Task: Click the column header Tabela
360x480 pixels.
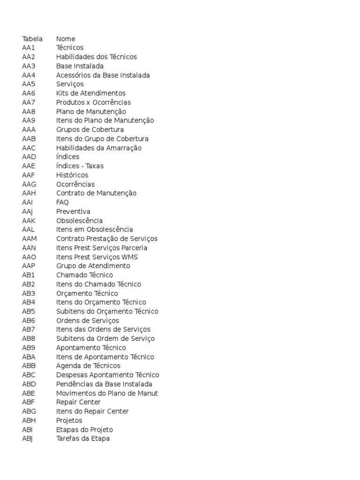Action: click(x=32, y=39)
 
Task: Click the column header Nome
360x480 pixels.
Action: click(x=66, y=39)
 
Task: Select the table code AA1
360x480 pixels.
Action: click(x=29, y=48)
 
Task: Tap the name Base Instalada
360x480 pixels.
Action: click(x=80, y=66)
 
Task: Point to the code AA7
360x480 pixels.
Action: click(x=29, y=102)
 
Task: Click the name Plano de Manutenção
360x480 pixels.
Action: click(x=91, y=112)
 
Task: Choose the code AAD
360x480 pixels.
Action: click(x=29, y=157)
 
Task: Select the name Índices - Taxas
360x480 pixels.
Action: click(x=80, y=166)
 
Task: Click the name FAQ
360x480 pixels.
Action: click(x=62, y=202)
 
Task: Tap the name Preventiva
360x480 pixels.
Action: click(x=73, y=211)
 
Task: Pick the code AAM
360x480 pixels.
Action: click(x=30, y=239)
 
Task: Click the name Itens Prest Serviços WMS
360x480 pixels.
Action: click(x=97, y=257)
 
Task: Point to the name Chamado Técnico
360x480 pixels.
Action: click(x=84, y=275)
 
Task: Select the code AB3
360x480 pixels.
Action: click(x=29, y=293)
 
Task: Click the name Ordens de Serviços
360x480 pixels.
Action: click(x=88, y=321)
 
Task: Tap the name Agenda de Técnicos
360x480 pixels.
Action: click(x=88, y=366)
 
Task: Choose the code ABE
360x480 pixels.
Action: click(x=29, y=393)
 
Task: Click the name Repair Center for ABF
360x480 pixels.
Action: click(x=78, y=402)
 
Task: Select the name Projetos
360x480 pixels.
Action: click(x=69, y=420)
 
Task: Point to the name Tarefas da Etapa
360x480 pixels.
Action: click(x=83, y=439)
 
